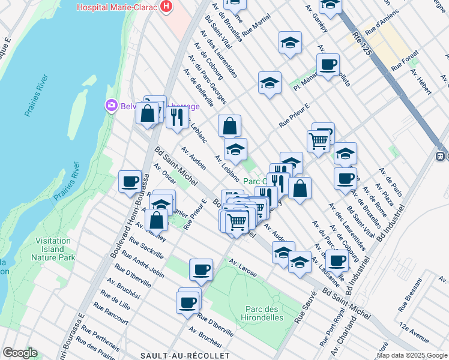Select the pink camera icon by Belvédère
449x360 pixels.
click(x=111, y=106)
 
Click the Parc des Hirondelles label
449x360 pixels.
click(x=264, y=313)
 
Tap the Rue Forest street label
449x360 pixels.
click(x=404, y=64)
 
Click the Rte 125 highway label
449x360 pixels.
click(x=363, y=44)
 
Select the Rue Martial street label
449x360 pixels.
click(x=258, y=29)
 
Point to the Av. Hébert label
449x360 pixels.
click(x=421, y=81)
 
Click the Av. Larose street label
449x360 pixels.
click(x=243, y=268)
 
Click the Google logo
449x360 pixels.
click(x=19, y=353)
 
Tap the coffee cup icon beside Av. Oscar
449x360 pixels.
click(x=130, y=181)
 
